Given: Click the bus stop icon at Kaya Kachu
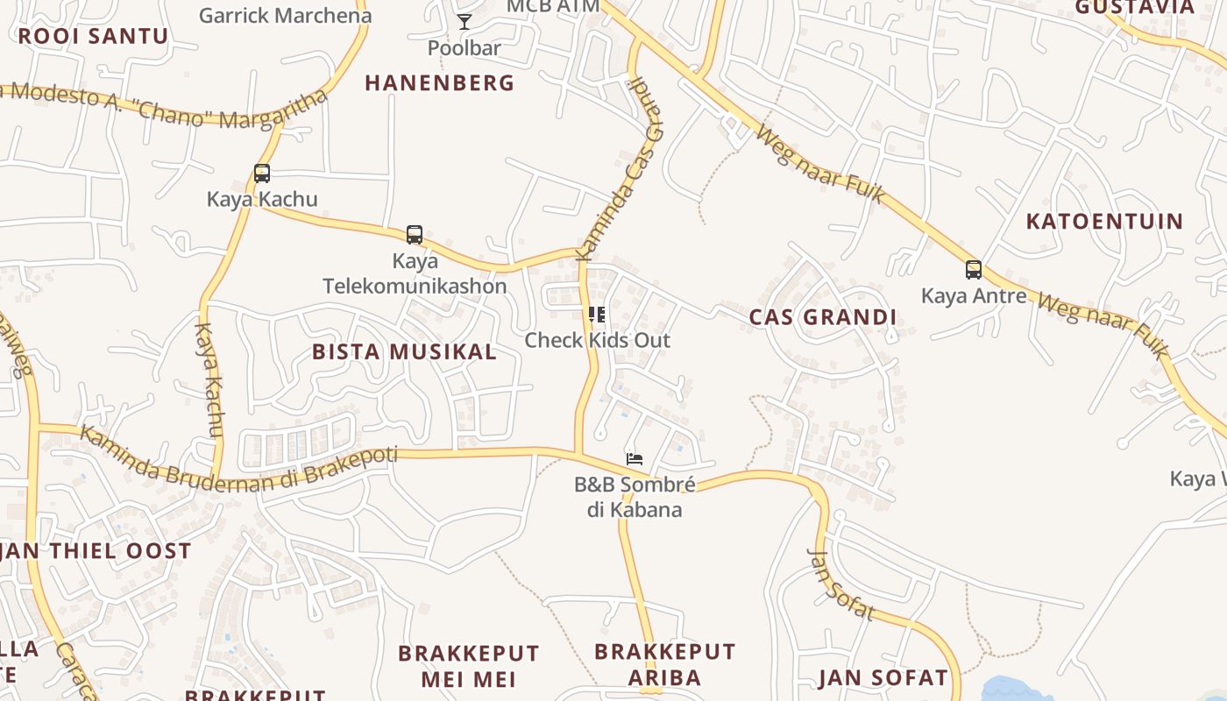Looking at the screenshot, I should [x=262, y=173].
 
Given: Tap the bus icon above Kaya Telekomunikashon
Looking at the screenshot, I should [x=415, y=235].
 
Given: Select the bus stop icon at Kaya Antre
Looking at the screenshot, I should [x=973, y=270].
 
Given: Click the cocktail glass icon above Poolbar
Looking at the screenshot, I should [x=465, y=22].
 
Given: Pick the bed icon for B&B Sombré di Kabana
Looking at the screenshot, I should [x=635, y=458].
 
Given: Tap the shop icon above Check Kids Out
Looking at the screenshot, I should [x=597, y=315].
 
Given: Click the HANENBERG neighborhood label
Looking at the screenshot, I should [x=439, y=83].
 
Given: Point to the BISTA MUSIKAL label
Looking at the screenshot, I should [x=404, y=352].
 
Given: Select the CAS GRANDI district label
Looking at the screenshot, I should [x=822, y=317].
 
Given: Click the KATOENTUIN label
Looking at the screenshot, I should [x=1104, y=221].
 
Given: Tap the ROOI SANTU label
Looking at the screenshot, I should [x=93, y=36].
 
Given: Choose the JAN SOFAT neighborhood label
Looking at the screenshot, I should [x=883, y=677].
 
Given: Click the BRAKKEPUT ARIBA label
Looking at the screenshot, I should [x=664, y=664].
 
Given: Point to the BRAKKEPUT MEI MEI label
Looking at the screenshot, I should [x=468, y=666].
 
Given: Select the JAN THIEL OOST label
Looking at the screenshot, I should [x=96, y=551].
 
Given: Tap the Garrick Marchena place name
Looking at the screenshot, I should [x=285, y=15].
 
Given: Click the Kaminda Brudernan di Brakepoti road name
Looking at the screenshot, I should [x=238, y=464].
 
